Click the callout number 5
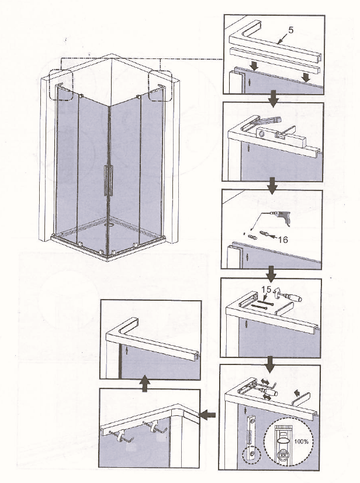290,30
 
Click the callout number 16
283,239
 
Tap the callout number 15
266,290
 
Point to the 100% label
301,442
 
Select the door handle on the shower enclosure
108,180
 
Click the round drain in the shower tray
109,224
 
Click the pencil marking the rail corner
266,121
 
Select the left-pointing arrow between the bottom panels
207,415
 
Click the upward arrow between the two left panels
144,385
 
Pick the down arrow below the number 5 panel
273,99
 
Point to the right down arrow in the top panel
306,77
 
